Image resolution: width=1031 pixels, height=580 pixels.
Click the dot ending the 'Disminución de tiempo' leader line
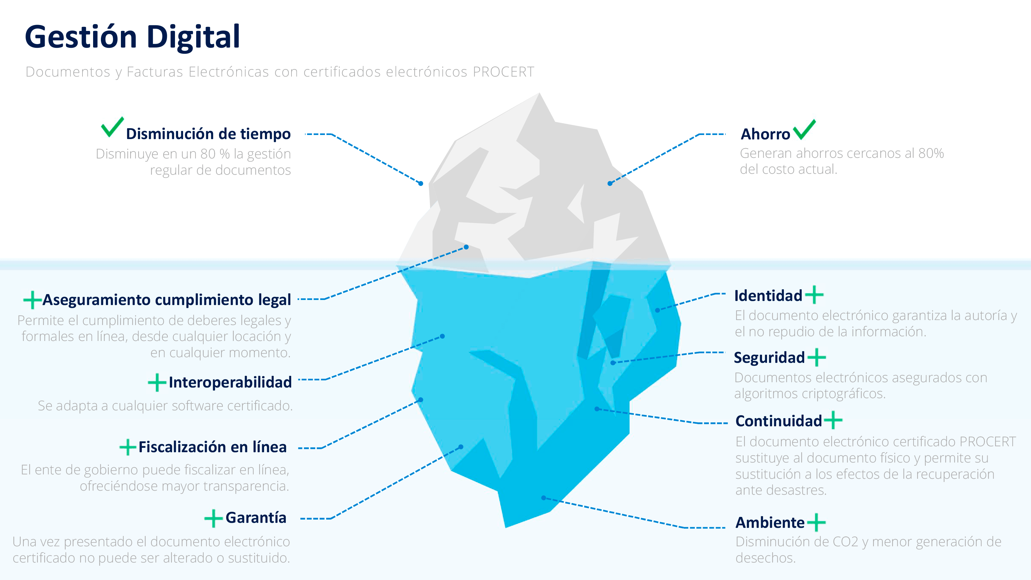coord(421,183)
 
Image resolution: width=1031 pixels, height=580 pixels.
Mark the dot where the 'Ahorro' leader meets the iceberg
coord(610,183)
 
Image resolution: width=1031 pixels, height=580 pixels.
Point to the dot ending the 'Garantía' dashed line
coord(461,447)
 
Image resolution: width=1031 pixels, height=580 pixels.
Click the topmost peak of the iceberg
coord(540,93)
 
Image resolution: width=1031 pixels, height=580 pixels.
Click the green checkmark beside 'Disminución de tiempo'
coord(112,127)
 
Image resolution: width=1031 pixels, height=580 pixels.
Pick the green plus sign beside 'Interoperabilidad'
coord(157,382)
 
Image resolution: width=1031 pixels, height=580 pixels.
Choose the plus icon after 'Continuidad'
coord(833,420)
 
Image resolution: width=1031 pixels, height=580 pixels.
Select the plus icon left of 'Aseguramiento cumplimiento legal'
coord(33,300)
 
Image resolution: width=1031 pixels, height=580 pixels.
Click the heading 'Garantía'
coord(256,517)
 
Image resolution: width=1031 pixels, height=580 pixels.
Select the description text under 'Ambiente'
coord(869,550)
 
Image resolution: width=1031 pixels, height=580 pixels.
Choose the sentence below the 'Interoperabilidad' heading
coord(165,406)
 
